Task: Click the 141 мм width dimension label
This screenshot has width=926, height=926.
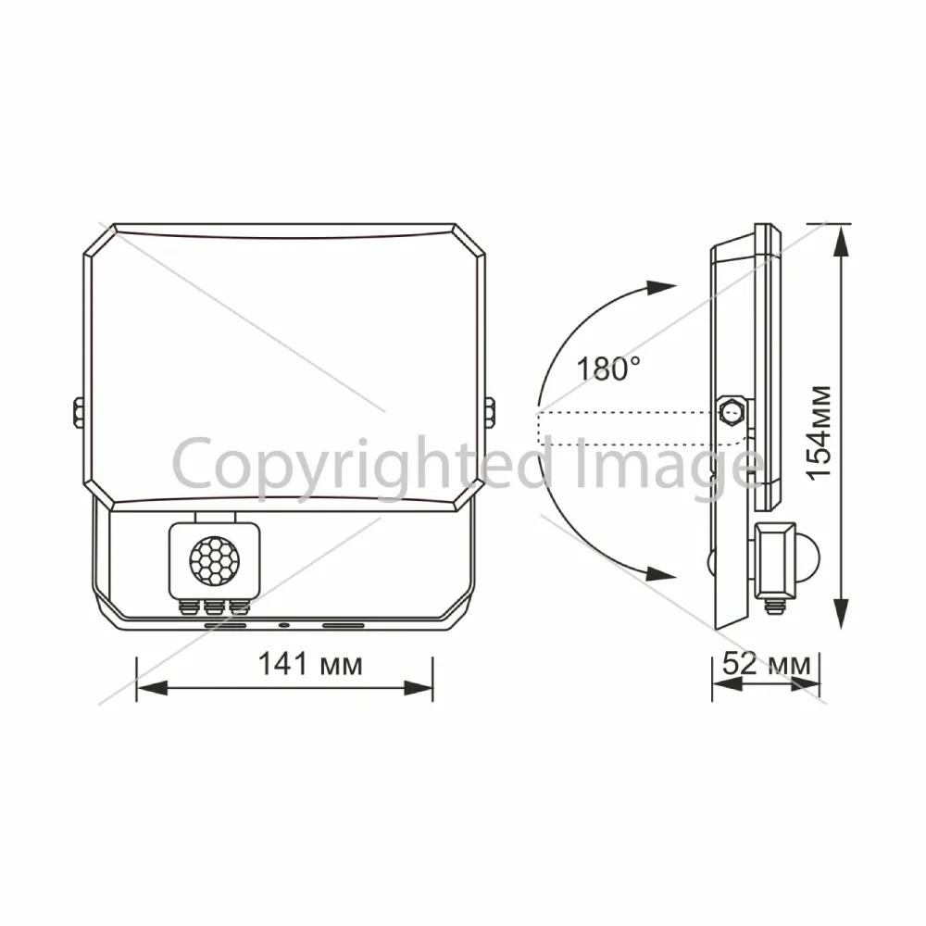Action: (x=310, y=664)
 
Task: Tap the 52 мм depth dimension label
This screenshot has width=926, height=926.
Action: (x=766, y=664)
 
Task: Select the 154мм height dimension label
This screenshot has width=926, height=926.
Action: (x=820, y=432)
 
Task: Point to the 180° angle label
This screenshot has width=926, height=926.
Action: (x=608, y=369)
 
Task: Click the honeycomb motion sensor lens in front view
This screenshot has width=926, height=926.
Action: (x=215, y=562)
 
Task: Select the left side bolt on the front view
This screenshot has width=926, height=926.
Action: (x=78, y=412)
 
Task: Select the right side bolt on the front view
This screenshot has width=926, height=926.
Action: (x=490, y=412)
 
